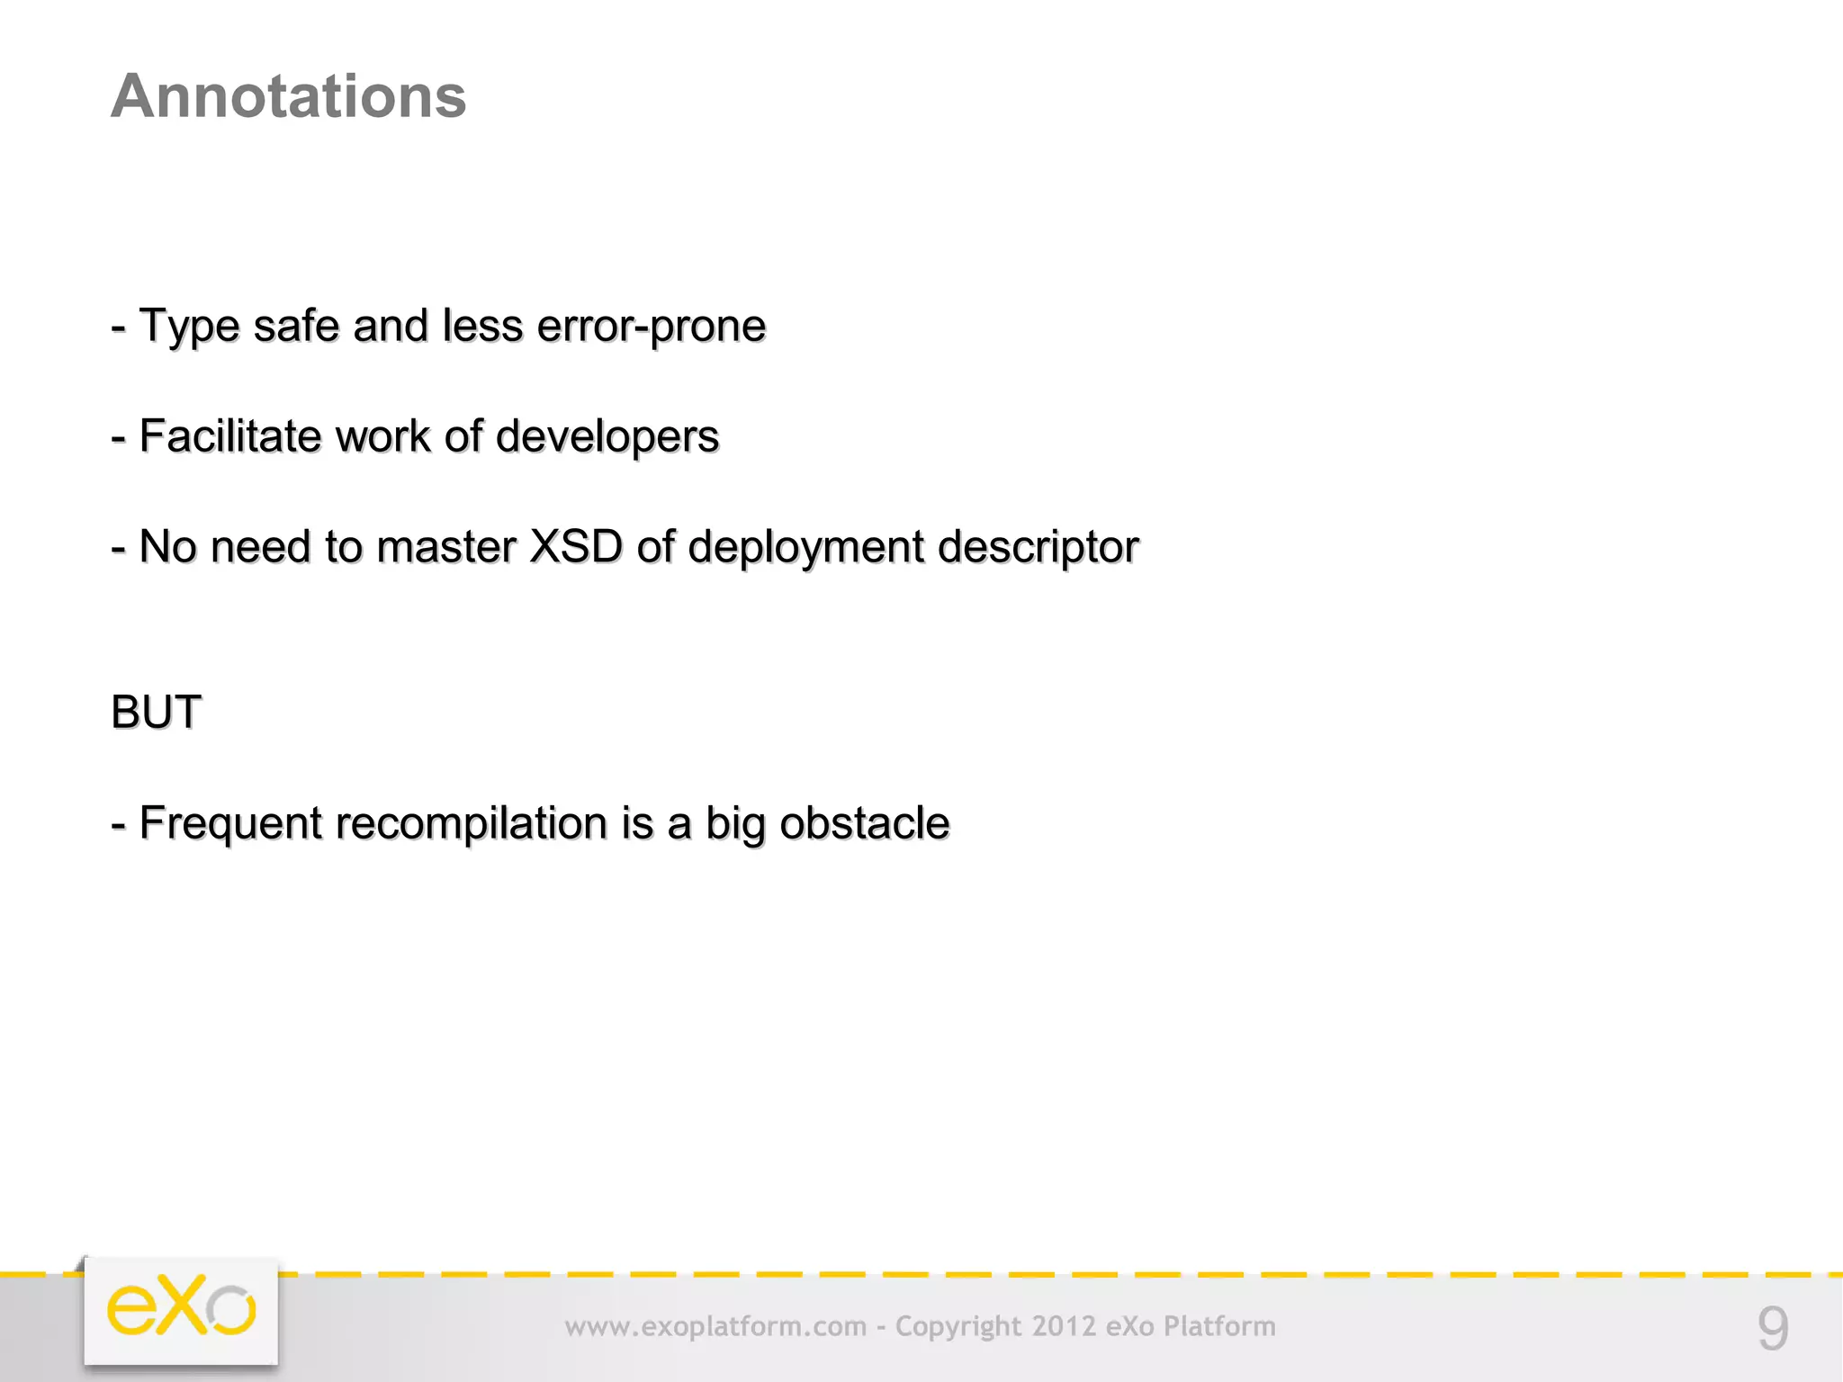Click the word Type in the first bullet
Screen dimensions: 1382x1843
189,326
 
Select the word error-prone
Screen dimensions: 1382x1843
651,326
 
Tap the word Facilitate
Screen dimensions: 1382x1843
230,436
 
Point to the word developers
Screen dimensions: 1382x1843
607,436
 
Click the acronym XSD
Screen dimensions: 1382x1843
576,547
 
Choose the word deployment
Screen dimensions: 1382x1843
805,547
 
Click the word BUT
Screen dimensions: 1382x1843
156,713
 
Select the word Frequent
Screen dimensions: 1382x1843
230,823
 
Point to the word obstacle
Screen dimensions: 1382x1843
864,823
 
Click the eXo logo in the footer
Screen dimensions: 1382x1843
181,1309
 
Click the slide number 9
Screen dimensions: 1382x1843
1773,1328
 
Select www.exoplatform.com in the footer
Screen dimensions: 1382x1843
715,1327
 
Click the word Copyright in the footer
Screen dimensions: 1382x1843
958,1327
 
